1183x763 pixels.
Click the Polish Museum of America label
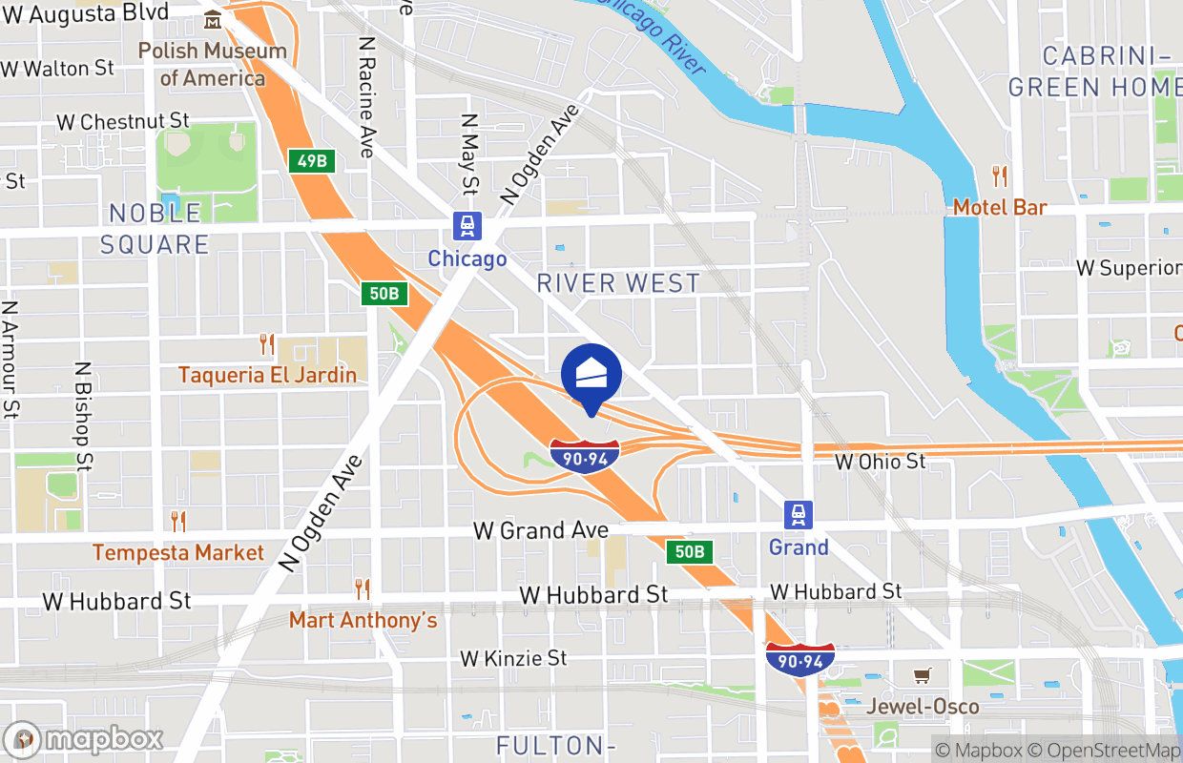[x=212, y=64]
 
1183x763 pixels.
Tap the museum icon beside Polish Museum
[x=212, y=19]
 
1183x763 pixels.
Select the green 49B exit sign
[x=312, y=161]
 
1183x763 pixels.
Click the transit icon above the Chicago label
[x=467, y=227]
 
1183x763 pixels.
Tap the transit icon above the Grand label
[x=799, y=515]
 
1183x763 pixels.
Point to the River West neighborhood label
[x=618, y=283]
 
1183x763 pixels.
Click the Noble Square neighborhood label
[x=155, y=228]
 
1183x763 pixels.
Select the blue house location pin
[x=591, y=375]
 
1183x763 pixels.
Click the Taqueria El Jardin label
[x=267, y=374]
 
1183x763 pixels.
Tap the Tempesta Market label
[x=178, y=552]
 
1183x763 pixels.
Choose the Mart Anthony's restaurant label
[x=363, y=620]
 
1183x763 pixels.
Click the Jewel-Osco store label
[x=923, y=707]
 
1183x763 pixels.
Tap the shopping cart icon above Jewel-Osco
[x=922, y=676]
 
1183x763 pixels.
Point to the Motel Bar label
[x=1000, y=207]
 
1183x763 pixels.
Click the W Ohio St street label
[x=881, y=462]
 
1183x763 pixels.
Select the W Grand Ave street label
[x=541, y=530]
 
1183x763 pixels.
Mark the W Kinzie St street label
[x=513, y=658]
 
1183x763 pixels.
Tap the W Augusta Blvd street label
[x=85, y=13]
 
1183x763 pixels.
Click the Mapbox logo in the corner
[x=84, y=739]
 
